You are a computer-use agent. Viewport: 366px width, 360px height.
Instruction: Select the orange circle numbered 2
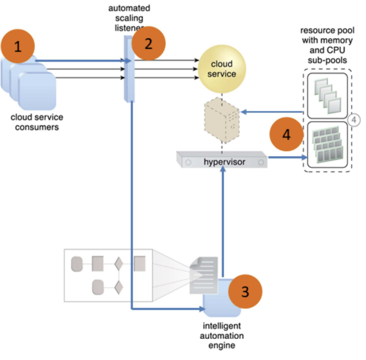pyautogui.click(x=148, y=45)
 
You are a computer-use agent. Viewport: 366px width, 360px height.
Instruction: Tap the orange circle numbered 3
pyautogui.click(x=244, y=291)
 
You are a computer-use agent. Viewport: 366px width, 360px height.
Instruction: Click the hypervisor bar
pyautogui.click(x=222, y=161)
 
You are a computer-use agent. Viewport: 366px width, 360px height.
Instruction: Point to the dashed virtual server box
pyautogui.click(x=221, y=118)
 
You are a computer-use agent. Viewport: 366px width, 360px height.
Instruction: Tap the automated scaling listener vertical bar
pyautogui.click(x=129, y=69)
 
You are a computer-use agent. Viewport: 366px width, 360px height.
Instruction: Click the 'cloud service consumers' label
pyautogui.click(x=37, y=122)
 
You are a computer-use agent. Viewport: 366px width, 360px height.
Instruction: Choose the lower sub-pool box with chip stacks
pyautogui.click(x=327, y=146)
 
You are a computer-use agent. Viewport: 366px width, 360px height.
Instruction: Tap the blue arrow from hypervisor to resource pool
pyautogui.click(x=287, y=157)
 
